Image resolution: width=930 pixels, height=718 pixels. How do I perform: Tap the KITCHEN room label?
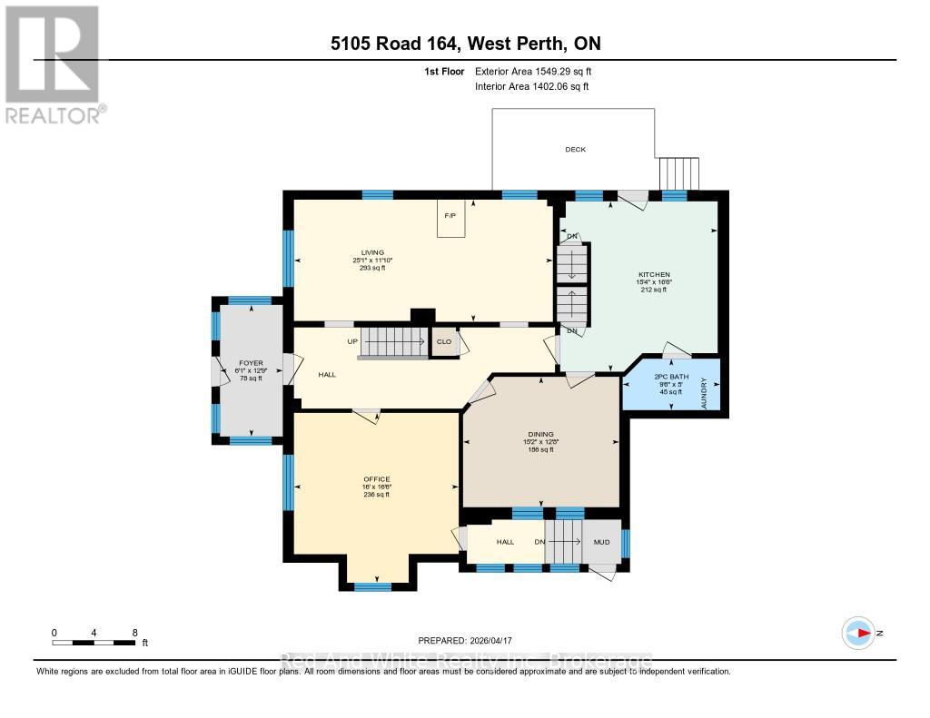[x=654, y=274]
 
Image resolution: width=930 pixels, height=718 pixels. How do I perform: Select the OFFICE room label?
[x=376, y=479]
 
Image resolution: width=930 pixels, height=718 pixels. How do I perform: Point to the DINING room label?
[x=540, y=434]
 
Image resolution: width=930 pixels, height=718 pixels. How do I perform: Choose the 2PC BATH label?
[x=671, y=375]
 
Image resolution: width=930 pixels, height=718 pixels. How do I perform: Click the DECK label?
[x=575, y=149]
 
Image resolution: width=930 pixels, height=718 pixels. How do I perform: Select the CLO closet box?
[x=444, y=342]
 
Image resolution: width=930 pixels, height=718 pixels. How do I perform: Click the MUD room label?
[x=601, y=542]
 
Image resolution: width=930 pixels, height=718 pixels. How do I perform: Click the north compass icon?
[x=858, y=633]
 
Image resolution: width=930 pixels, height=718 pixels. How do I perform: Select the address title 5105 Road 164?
[x=464, y=44]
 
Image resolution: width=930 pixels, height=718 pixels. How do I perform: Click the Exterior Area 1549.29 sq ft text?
[x=534, y=71]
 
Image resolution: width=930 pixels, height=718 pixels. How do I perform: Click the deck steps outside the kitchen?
[x=678, y=172]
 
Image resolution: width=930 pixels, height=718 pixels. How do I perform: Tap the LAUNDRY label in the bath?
[x=704, y=390]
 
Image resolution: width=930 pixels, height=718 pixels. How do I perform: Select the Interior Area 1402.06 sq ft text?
[x=532, y=86]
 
